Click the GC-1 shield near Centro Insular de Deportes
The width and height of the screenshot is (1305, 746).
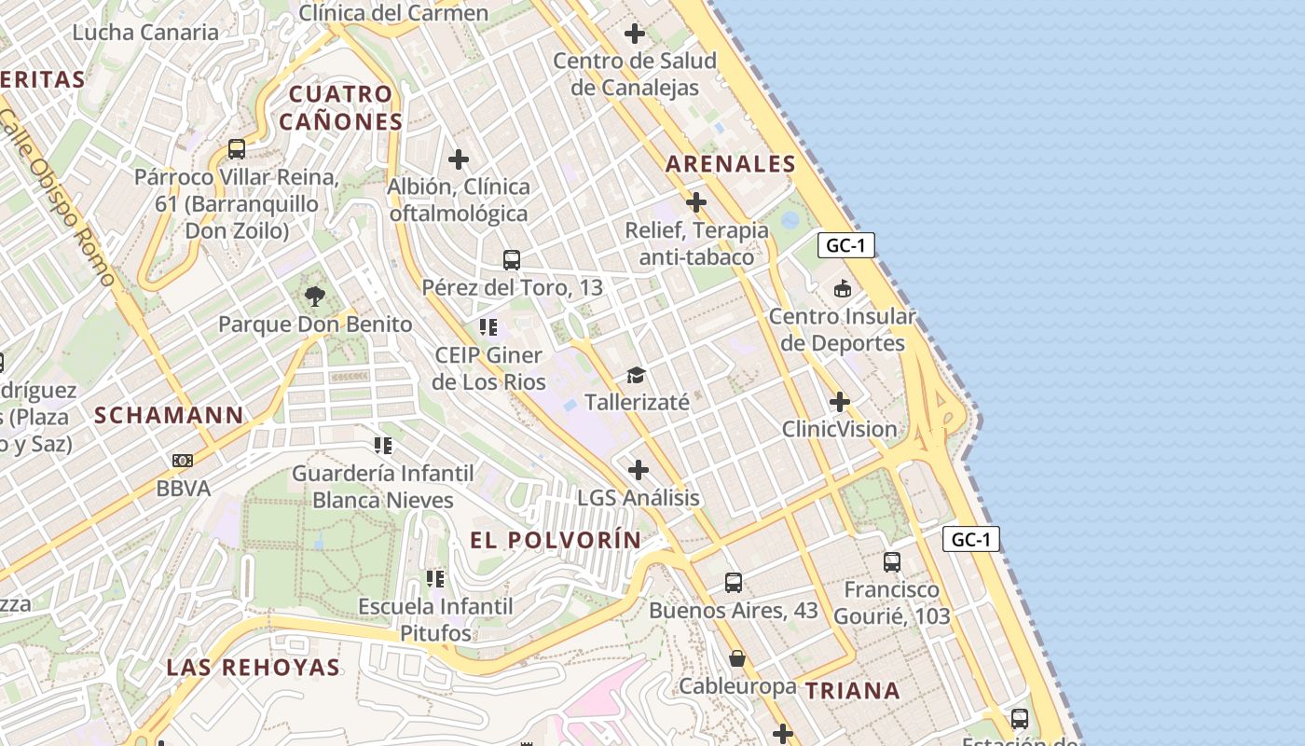tap(846, 246)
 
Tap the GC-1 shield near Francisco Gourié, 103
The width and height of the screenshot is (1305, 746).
tap(971, 539)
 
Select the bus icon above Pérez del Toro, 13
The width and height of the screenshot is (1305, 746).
tap(511, 260)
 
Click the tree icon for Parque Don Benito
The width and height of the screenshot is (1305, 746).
tap(315, 297)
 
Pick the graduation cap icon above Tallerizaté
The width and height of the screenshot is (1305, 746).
tap(637, 375)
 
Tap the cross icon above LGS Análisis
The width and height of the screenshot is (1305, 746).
tap(639, 470)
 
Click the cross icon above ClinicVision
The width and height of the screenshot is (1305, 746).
tap(840, 402)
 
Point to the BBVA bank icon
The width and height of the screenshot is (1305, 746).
tap(183, 461)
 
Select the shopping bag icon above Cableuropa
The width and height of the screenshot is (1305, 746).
tap(737, 659)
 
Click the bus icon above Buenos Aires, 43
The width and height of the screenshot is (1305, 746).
tap(734, 583)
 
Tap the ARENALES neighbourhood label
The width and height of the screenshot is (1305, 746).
tap(731, 164)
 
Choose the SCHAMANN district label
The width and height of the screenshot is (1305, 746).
tap(170, 415)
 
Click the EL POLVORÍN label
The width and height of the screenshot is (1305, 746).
tap(556, 540)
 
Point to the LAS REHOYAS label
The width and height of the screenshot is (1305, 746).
tap(254, 667)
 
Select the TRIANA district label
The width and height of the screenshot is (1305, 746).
tap(853, 691)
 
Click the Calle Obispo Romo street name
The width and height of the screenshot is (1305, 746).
tap(58, 196)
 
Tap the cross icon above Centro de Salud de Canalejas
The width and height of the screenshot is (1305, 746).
tap(635, 35)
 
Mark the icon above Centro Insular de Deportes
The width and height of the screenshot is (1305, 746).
tap(843, 289)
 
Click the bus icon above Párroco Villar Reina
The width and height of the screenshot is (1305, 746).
tap(237, 149)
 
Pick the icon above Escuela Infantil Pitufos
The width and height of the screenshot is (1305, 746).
tap(435, 579)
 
